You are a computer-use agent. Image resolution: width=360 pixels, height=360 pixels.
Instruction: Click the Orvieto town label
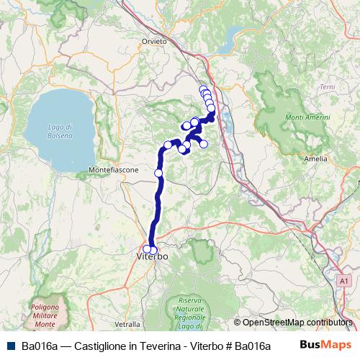155,41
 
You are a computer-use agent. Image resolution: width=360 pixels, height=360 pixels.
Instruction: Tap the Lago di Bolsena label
61,130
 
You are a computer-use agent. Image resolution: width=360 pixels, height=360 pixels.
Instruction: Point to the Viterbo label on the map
152,256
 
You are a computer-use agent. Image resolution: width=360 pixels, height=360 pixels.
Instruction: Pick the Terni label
327,86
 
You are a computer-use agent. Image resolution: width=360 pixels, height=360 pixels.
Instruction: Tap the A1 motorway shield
343,280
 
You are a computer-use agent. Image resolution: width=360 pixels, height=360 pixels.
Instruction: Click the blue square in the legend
11,346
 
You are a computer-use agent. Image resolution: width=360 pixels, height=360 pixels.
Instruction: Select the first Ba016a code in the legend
40,346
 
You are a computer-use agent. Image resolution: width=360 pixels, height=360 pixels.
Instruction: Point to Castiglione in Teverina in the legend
127,346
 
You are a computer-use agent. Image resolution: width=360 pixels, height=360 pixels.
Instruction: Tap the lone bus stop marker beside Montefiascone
158,173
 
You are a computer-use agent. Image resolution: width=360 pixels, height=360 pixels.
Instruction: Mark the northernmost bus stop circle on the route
203,89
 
